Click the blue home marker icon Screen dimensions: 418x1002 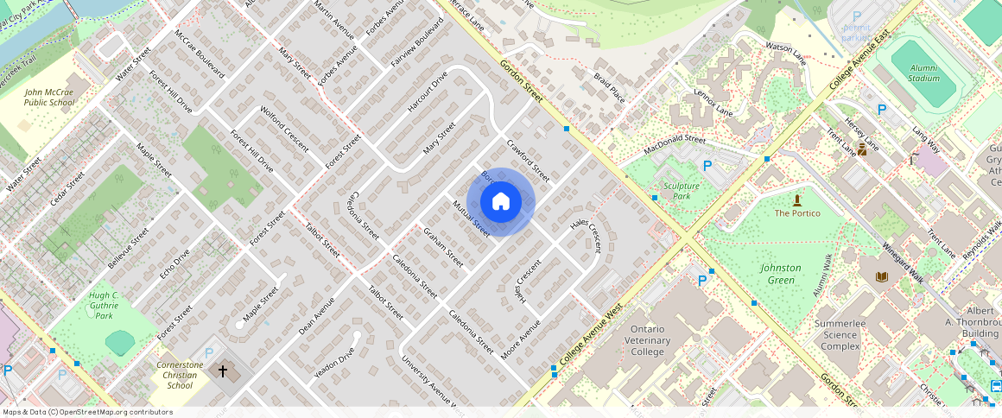[x=501, y=202]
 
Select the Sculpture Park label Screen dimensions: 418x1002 [x=682, y=190]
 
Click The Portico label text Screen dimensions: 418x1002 [x=797, y=212]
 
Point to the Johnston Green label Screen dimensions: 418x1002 [x=780, y=274]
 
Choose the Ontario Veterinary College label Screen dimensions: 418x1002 [x=659, y=340]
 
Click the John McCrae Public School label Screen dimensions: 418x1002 [x=49, y=97]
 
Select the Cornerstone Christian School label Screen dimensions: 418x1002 [x=180, y=375]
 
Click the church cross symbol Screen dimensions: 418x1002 [x=222, y=371]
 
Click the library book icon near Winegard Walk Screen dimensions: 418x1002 [x=881, y=276]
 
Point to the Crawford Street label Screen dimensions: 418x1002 [x=528, y=161]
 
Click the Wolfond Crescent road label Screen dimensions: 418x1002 [x=284, y=128]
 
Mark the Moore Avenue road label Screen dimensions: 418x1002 [x=521, y=339]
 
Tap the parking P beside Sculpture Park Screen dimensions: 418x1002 [x=707, y=166]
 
